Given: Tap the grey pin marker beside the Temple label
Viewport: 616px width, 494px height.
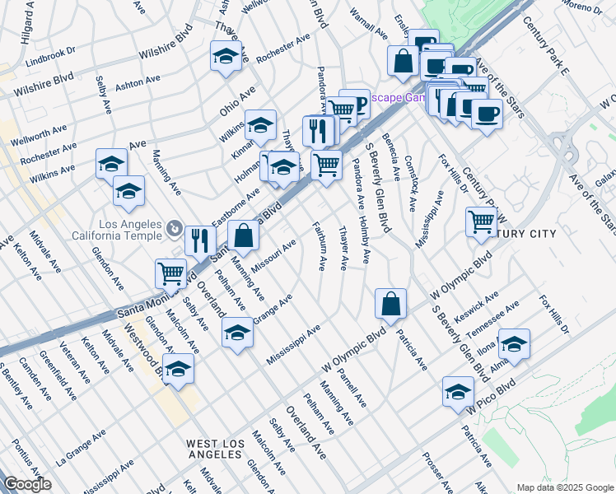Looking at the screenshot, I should (x=175, y=227).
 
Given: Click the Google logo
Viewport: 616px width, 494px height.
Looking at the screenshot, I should (x=27, y=484).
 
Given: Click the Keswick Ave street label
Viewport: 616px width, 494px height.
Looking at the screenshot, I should (x=479, y=306).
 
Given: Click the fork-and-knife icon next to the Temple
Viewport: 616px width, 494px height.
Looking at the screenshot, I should (x=199, y=240).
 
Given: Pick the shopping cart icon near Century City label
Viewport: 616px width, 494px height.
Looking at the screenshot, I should (x=480, y=220).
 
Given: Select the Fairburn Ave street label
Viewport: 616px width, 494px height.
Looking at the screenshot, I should (x=318, y=245).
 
